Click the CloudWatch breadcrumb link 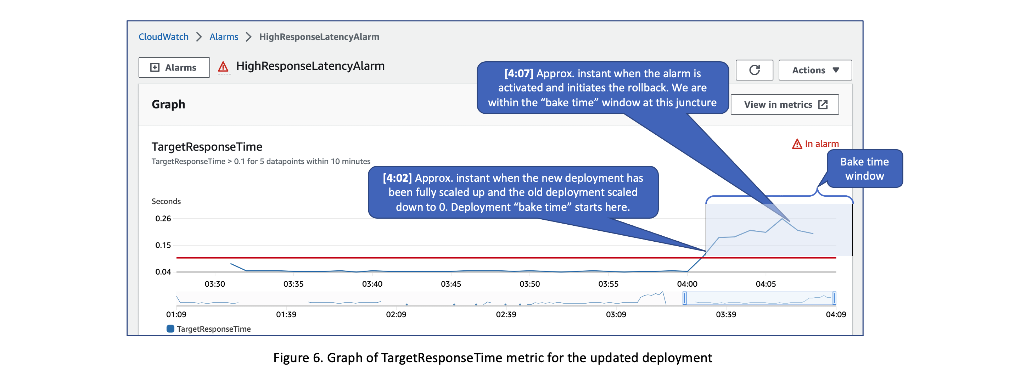(x=163, y=37)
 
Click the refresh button (x=754, y=70)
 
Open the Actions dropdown (x=815, y=70)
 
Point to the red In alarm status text (x=821, y=144)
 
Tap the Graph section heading (x=168, y=105)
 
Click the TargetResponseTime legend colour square (x=170, y=328)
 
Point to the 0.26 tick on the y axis (x=163, y=219)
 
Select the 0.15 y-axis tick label (x=163, y=245)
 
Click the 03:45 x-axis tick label (x=450, y=284)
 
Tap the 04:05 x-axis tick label (x=765, y=284)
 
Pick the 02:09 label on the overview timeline (x=396, y=314)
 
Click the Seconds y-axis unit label (x=166, y=201)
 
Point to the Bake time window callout (x=864, y=169)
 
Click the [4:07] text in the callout (x=518, y=74)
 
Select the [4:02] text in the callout (x=397, y=178)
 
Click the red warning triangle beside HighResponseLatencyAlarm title (x=223, y=67)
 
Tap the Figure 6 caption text (x=493, y=358)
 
